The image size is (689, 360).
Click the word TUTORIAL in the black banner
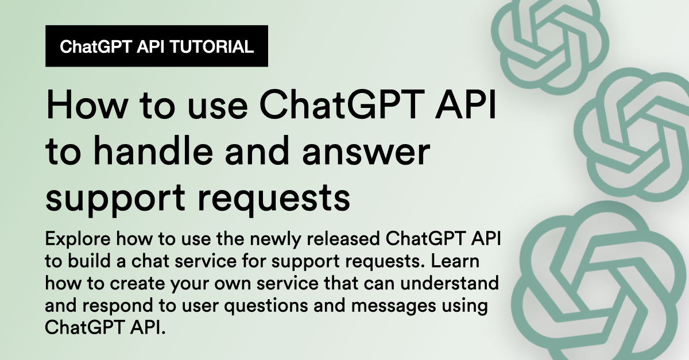(x=211, y=47)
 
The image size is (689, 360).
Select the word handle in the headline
(x=155, y=151)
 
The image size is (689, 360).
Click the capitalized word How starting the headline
(x=87, y=104)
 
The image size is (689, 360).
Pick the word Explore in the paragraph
(x=78, y=239)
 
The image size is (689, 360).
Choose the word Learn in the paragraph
(x=455, y=261)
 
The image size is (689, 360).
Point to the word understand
(x=450, y=283)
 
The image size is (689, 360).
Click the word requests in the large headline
(x=274, y=199)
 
